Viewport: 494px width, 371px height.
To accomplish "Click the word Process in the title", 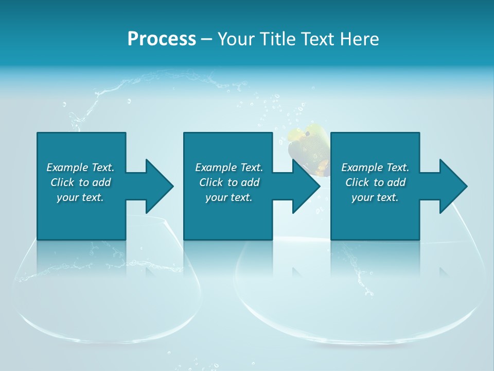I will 162,39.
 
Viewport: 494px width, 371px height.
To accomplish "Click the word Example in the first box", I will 67,167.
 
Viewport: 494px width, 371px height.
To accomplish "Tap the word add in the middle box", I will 250,182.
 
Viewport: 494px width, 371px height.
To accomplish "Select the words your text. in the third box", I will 375,197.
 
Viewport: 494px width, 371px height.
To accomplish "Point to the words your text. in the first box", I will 80,197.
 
